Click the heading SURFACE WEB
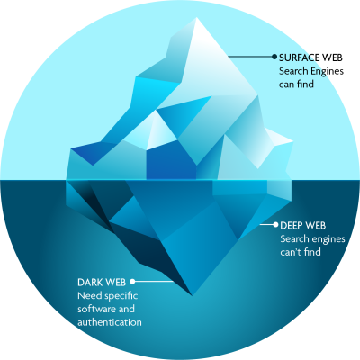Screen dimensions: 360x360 click(x=310, y=58)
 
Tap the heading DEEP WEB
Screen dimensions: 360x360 click(x=303, y=225)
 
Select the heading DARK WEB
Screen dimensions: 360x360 click(x=102, y=283)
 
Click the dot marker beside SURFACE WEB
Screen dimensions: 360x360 click(x=274, y=57)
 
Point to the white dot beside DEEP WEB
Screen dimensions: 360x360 click(x=275, y=224)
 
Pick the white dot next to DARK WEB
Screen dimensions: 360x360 click(x=132, y=282)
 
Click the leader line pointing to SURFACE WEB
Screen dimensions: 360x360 click(x=250, y=57)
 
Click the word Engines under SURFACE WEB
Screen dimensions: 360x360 click(x=327, y=72)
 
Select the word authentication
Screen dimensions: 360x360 click(x=110, y=322)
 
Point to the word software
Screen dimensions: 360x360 click(x=97, y=309)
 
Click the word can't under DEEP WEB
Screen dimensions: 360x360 click(x=291, y=252)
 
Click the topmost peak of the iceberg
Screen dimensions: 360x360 click(x=197, y=18)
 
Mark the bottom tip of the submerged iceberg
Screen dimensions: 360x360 click(x=192, y=295)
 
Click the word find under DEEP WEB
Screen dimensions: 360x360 click(x=312, y=251)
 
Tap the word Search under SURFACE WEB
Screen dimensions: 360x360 click(x=293, y=71)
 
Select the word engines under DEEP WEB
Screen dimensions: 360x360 click(x=328, y=239)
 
